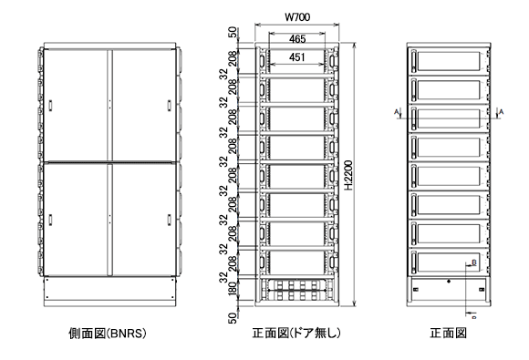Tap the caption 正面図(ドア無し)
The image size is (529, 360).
point(296,334)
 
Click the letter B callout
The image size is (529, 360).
point(472,262)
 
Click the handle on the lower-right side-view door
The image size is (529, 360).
point(169,219)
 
